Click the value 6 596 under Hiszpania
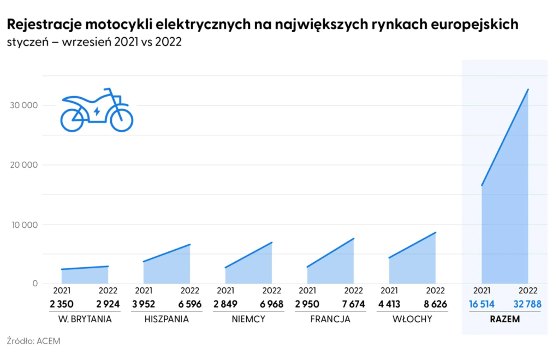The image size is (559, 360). coord(190,304)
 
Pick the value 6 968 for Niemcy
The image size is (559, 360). coord(271,304)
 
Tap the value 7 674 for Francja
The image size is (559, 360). coord(353,304)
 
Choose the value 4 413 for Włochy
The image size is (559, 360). coord(389,304)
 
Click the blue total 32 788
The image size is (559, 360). coord(527,304)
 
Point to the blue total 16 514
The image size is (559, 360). coord(481,304)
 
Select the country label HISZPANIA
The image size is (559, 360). coord(166,319)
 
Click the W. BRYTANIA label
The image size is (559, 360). coord(85,319)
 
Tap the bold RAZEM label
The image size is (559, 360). coord(504,319)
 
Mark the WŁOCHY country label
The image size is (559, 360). coord(412,319)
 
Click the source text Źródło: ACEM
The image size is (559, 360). coord(34,341)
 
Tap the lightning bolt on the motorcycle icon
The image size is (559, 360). coord(97,112)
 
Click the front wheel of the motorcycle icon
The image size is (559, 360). coord(121,120)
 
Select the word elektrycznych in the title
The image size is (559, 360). coord(213,25)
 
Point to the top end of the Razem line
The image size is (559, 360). coord(528,89)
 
